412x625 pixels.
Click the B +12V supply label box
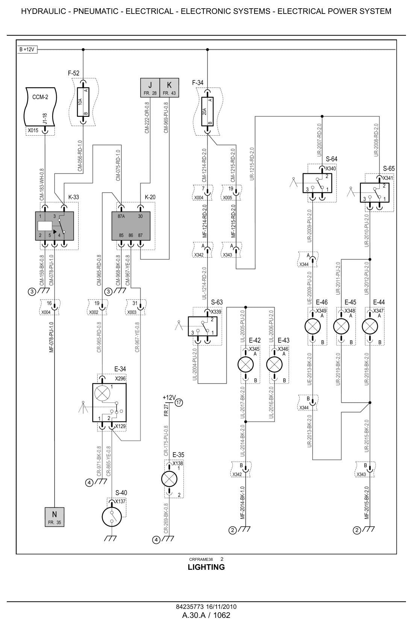[x=27, y=50]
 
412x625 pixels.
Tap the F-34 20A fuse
[x=207, y=112]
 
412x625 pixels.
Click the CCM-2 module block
[x=41, y=107]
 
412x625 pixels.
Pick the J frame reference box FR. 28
[x=150, y=88]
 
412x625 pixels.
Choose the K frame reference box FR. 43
[x=169, y=88]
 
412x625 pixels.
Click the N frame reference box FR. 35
[x=55, y=517]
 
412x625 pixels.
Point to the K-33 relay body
[x=55, y=226]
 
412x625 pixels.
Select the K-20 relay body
[x=131, y=226]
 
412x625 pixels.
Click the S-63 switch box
[x=203, y=326]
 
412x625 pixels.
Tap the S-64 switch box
[x=317, y=183]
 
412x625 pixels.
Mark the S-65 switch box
[x=374, y=193]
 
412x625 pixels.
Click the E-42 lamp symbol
[x=245, y=364]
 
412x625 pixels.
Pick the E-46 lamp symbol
[x=312, y=326]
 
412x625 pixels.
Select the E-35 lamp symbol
[x=169, y=479]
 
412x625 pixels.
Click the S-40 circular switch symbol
[x=112, y=517]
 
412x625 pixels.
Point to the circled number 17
[x=179, y=403]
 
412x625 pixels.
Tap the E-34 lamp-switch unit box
[x=109, y=403]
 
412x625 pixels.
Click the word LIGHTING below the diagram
[x=206, y=567]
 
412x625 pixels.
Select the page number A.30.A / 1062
[x=206, y=615]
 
